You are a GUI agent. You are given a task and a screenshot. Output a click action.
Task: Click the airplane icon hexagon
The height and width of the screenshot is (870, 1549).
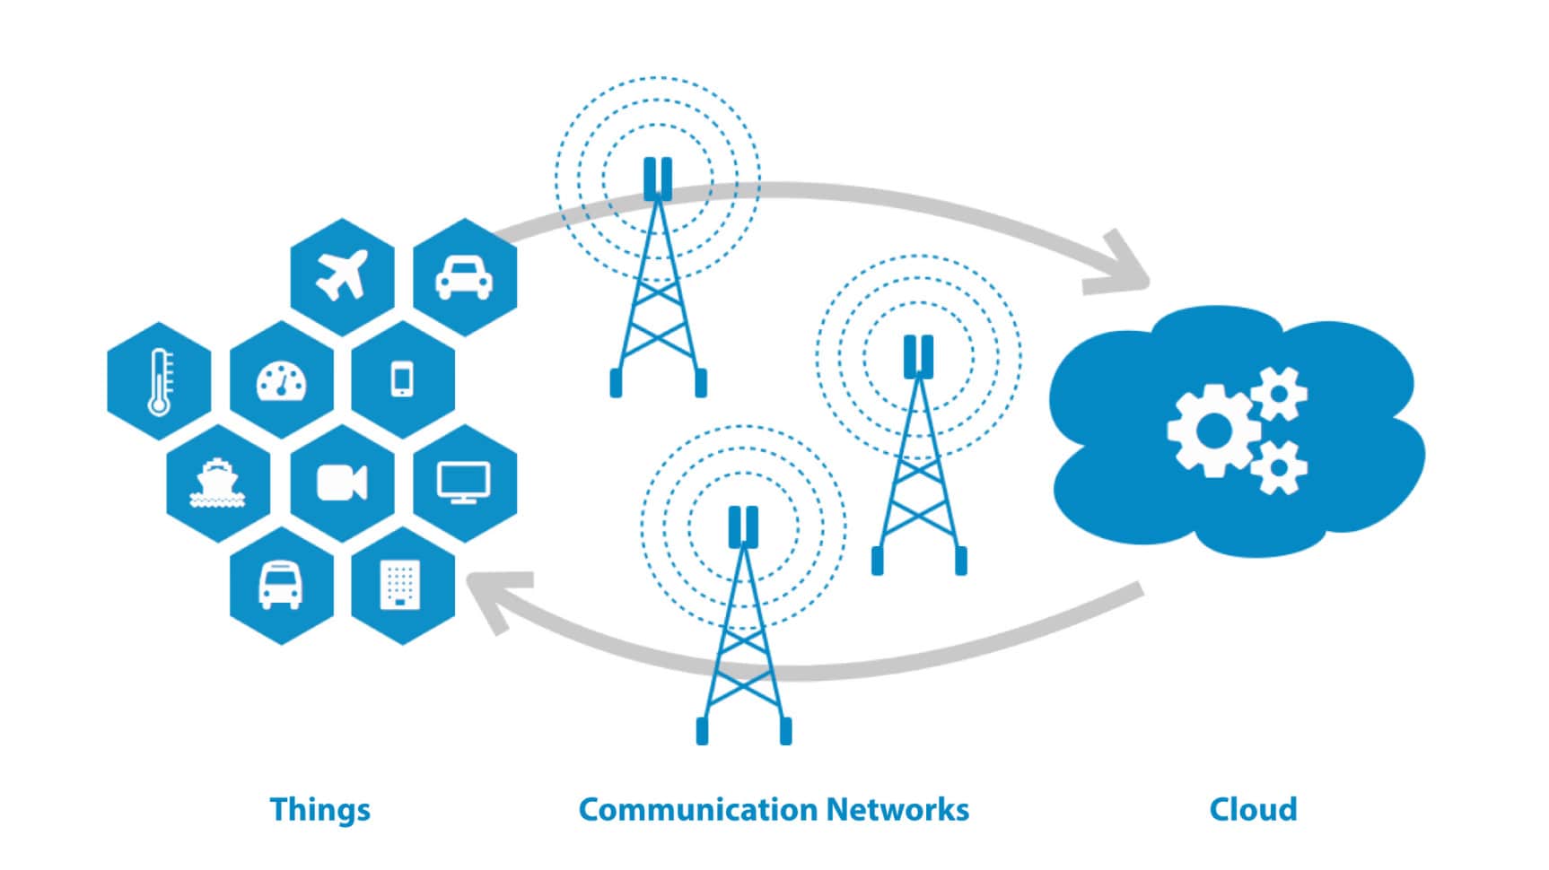(342, 276)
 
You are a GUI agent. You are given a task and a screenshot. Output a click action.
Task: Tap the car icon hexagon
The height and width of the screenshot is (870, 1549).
(464, 276)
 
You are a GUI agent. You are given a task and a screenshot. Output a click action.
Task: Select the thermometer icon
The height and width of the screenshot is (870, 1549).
(159, 380)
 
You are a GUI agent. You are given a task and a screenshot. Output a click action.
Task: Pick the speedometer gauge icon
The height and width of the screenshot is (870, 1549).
(282, 380)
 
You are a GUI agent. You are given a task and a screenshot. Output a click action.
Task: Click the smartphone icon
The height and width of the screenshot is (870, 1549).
(403, 379)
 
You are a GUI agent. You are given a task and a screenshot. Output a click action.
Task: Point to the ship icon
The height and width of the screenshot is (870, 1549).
(218, 484)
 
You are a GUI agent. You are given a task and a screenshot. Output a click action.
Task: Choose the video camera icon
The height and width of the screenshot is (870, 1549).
(342, 483)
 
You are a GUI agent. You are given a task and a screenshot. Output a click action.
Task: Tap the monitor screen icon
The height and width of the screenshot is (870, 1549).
(464, 483)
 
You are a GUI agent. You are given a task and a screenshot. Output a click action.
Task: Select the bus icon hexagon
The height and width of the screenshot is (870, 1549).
(281, 586)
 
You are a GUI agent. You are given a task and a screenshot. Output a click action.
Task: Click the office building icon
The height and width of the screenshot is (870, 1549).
(401, 586)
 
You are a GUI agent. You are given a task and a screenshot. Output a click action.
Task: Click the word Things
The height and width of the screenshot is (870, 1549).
(319, 809)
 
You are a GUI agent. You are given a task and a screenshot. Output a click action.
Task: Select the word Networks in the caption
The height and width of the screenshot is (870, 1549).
(897, 809)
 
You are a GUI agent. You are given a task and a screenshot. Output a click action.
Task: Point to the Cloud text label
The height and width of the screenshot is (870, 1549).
(1253, 809)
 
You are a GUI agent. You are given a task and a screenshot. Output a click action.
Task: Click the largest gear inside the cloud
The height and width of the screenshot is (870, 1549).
(1213, 431)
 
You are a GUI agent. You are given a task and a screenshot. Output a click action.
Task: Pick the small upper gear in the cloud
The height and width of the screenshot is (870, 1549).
(1280, 393)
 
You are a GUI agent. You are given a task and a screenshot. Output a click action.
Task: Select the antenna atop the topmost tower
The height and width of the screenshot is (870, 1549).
(658, 178)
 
